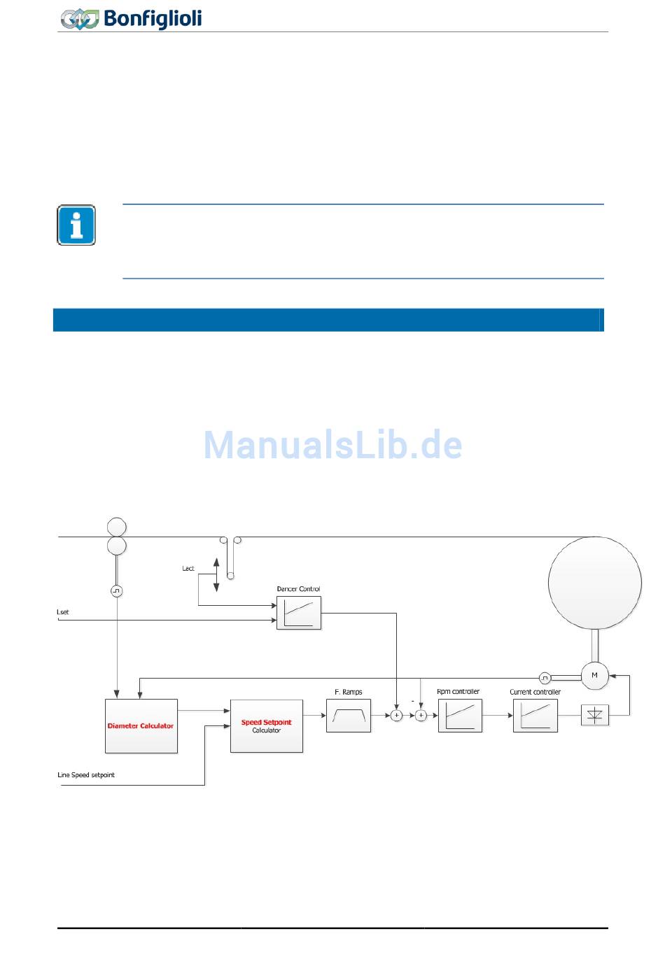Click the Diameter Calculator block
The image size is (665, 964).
click(141, 725)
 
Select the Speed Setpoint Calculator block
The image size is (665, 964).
click(266, 725)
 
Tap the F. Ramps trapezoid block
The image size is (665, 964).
click(348, 715)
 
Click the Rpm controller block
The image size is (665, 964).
click(460, 715)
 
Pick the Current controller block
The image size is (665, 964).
click(535, 715)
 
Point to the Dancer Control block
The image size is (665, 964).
click(299, 612)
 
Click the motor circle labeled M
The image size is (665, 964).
click(594, 675)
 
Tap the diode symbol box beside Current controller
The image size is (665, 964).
click(594, 715)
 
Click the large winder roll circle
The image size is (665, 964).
click(594, 582)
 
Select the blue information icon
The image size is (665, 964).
click(76, 225)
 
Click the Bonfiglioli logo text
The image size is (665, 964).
click(153, 18)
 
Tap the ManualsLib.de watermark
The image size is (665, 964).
click(332, 445)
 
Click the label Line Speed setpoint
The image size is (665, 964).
click(86, 775)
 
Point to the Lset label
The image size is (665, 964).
click(63, 612)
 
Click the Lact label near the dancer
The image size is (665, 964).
click(188, 569)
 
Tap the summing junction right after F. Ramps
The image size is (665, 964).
click(397, 715)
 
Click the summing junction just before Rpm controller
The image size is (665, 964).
click(421, 715)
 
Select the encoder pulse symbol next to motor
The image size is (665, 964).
click(545, 678)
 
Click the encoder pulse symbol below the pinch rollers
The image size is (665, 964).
click(116, 591)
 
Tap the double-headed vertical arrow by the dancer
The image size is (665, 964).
click(216, 574)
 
